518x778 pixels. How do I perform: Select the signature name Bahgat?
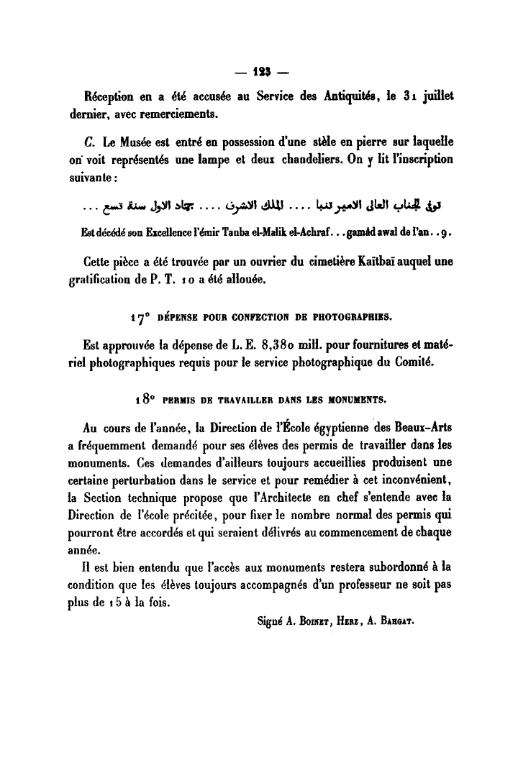point(393,621)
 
